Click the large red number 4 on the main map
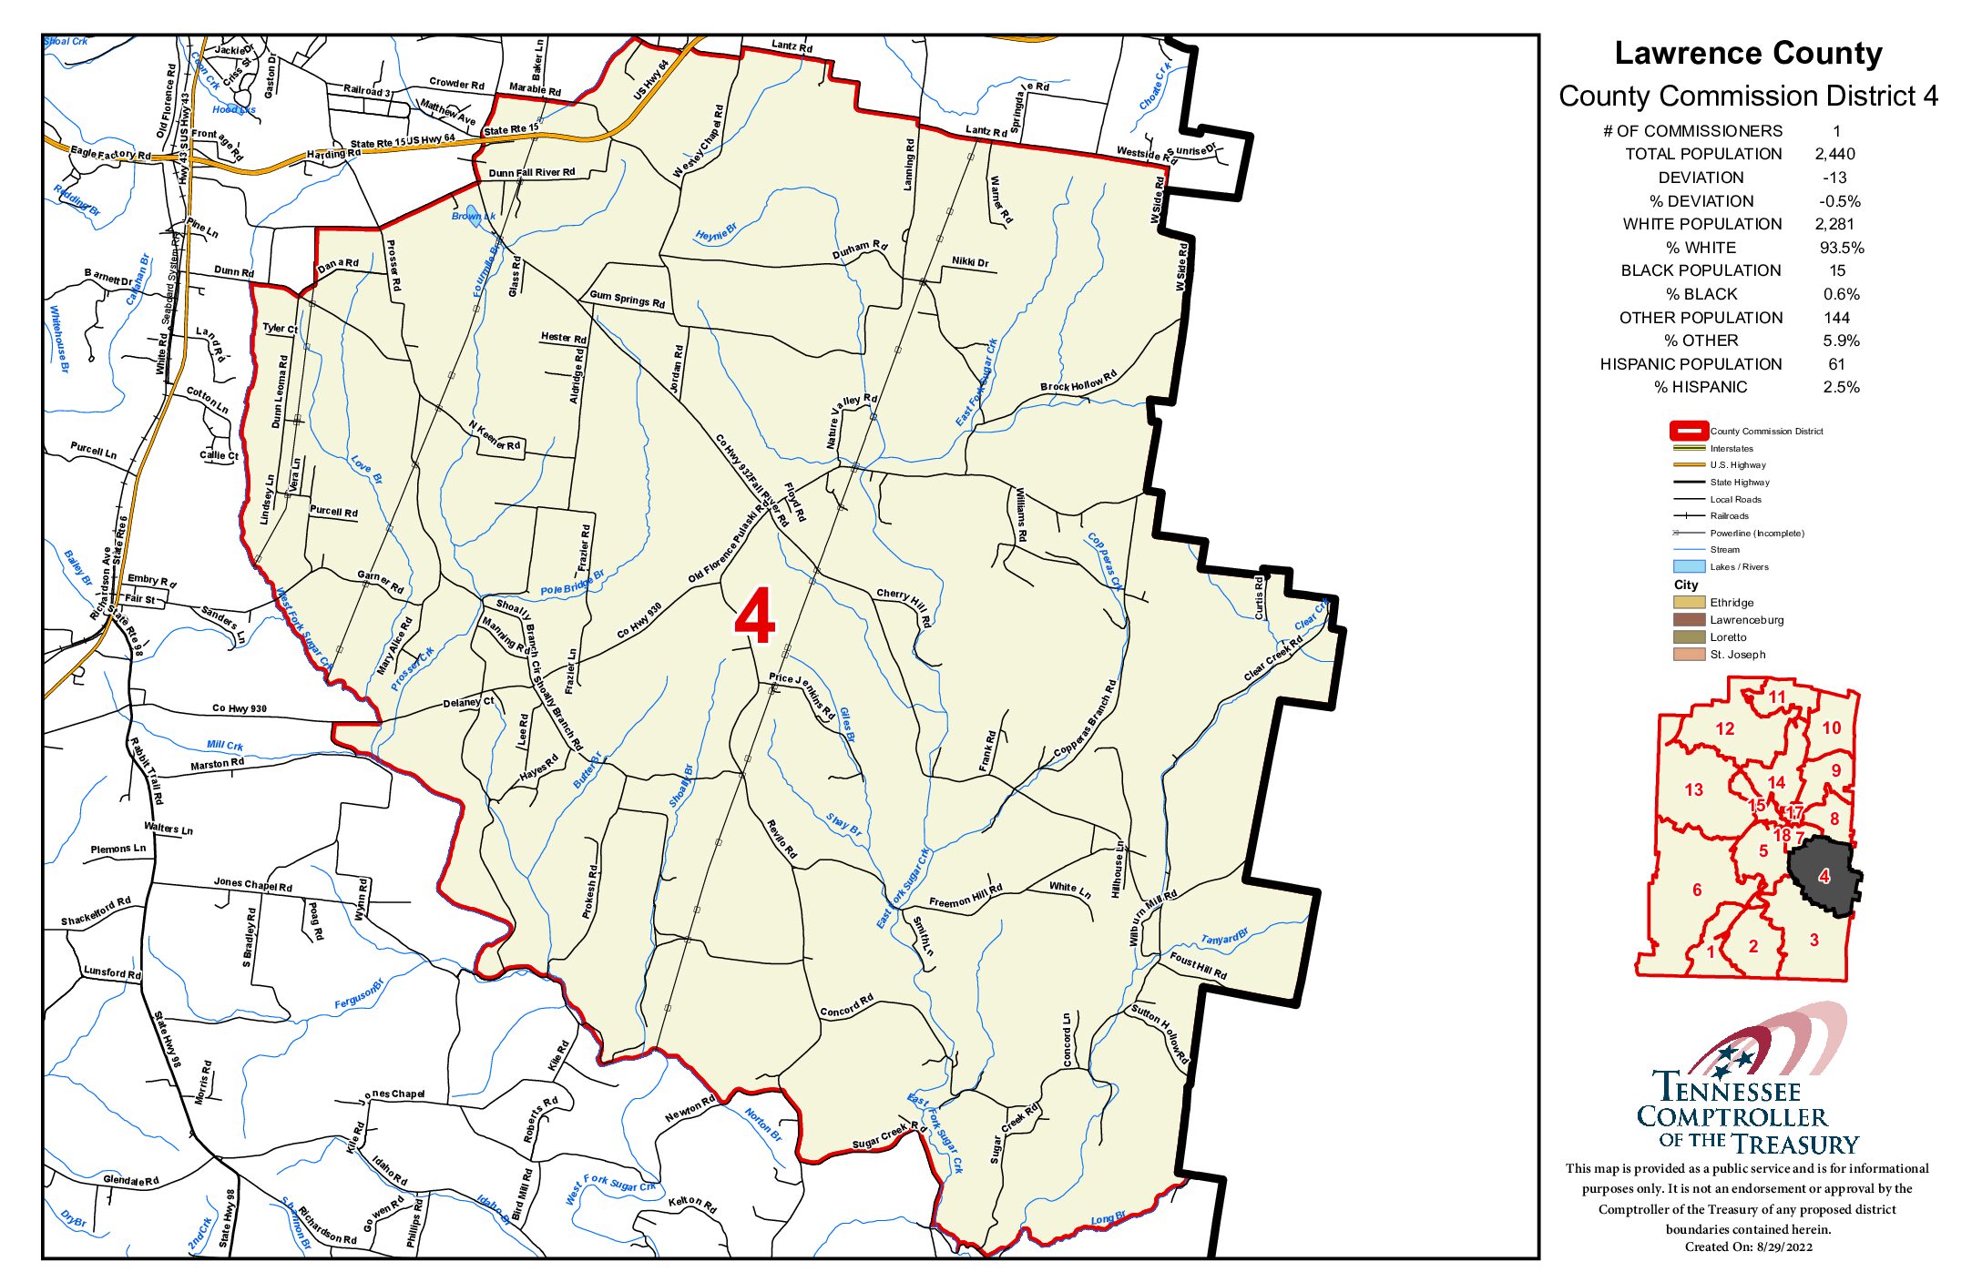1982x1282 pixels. click(754, 616)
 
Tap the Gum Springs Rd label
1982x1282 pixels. click(627, 300)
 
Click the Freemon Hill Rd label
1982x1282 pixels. click(965, 897)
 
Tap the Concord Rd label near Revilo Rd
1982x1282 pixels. click(846, 1006)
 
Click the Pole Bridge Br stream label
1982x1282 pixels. click(572, 584)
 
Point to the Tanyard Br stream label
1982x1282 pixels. click(1224, 938)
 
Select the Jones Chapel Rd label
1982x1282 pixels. click(252, 884)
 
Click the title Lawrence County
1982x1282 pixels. click(1747, 54)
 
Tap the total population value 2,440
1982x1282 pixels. click(1834, 154)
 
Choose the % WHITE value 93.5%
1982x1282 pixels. click(1841, 248)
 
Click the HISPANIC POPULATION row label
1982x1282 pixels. click(1690, 364)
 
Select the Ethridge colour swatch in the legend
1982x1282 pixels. click(1688, 603)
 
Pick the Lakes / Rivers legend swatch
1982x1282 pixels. click(1688, 566)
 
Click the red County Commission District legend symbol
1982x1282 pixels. click(1688, 431)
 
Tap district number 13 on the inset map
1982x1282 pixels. click(1693, 790)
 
